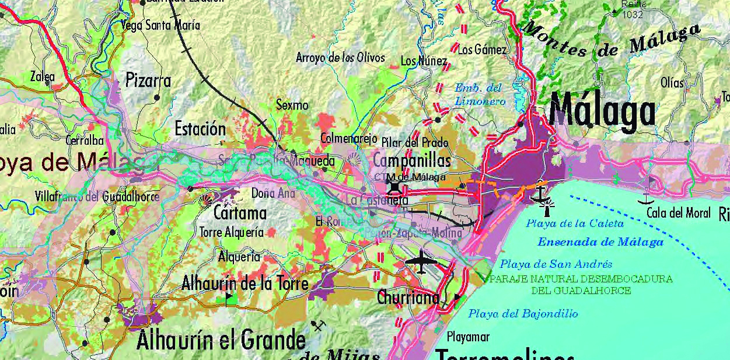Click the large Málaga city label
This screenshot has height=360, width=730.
[x=602, y=113]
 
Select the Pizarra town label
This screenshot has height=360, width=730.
[x=148, y=80]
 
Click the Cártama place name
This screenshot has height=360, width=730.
[x=240, y=212]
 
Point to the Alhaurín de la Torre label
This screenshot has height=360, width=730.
[x=245, y=284]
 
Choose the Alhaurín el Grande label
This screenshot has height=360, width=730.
[x=221, y=340]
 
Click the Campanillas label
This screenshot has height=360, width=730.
[x=411, y=160]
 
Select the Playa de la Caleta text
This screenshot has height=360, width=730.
[x=575, y=223]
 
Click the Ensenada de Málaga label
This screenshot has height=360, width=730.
[x=600, y=242]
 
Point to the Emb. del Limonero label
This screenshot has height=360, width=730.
[x=478, y=95]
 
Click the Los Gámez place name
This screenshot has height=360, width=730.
[x=482, y=50]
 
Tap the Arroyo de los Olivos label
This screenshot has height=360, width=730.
[x=340, y=58]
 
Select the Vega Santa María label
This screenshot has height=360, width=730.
[x=160, y=25]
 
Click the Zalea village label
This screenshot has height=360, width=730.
[x=43, y=76]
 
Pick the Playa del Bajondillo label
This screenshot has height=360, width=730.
[x=523, y=314]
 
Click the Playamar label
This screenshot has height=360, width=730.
[x=468, y=337]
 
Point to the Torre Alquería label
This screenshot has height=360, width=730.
[x=232, y=232]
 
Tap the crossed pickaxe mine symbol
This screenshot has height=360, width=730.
[x=318, y=325]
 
